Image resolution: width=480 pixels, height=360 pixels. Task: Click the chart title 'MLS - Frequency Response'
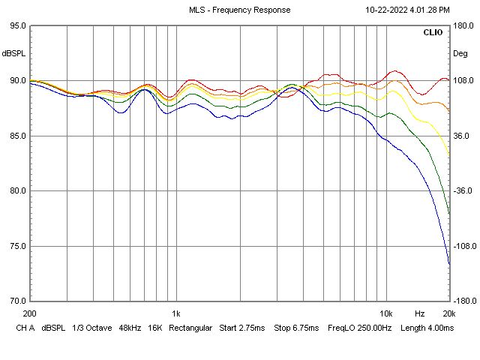pyautogui.click(x=239, y=10)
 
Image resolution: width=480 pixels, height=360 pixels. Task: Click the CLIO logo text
pyautogui.click(x=433, y=33)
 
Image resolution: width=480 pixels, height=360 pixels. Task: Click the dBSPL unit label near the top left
pyautogui.click(x=13, y=53)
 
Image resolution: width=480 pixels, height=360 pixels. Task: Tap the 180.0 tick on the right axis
pyautogui.click(x=463, y=25)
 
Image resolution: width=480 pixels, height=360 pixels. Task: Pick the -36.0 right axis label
pyautogui.click(x=463, y=190)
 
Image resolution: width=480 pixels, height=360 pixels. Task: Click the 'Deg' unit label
pyautogui.click(x=460, y=53)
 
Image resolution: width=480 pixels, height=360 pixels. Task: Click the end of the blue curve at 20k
pyautogui.click(x=449, y=264)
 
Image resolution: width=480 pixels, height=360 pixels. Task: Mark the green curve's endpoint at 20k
pyautogui.click(x=449, y=213)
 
